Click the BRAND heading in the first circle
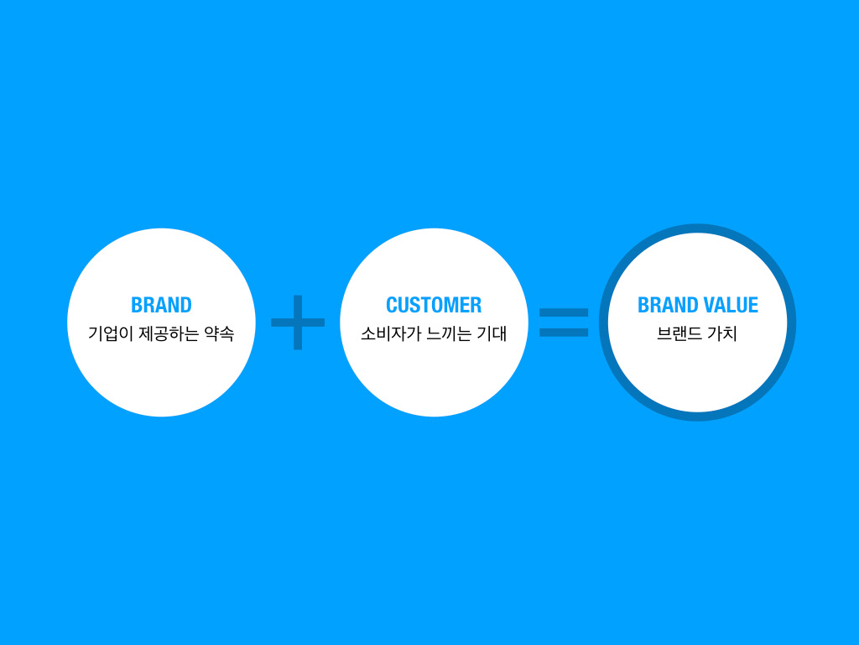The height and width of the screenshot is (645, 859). (161, 305)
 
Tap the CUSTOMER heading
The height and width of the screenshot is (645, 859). (434, 305)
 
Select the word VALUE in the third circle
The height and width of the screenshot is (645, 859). (731, 305)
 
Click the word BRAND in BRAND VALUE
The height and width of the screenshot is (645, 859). (668, 305)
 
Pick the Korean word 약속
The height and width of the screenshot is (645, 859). (219, 333)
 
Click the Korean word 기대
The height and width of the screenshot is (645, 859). (492, 333)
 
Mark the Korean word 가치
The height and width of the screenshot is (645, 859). (722, 333)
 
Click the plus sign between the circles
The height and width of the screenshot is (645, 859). (298, 322)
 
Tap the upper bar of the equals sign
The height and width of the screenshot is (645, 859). (564, 312)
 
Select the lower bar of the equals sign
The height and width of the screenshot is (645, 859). (564, 333)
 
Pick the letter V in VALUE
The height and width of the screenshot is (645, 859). (710, 305)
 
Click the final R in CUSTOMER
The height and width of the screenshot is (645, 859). (476, 305)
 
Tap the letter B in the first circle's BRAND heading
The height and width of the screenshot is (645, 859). (137, 305)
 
